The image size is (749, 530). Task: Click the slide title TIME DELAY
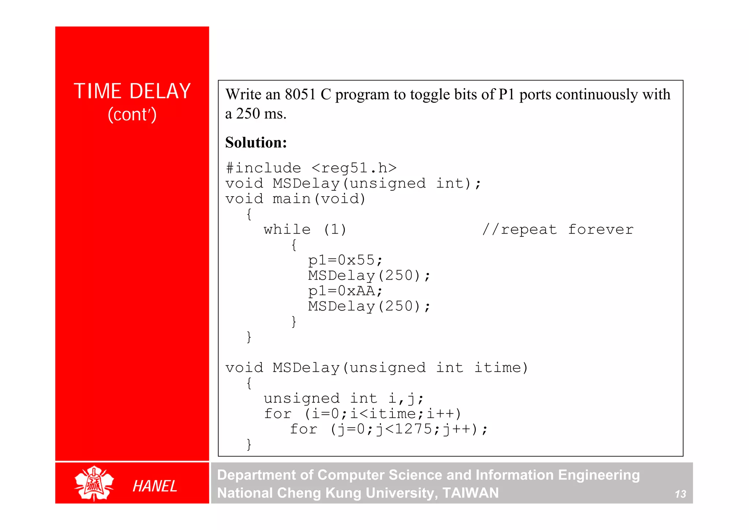coord(132,91)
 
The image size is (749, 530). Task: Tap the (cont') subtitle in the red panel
coord(132,115)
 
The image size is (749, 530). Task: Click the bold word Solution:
coord(256,142)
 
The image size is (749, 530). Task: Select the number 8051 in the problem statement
coord(300,94)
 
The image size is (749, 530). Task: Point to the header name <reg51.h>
coord(354,168)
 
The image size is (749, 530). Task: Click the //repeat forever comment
coord(558,229)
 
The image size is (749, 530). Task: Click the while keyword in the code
coord(287,229)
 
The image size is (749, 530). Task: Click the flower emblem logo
coord(94,483)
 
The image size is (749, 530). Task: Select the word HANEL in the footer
coord(155,486)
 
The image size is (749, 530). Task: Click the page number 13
coord(680,494)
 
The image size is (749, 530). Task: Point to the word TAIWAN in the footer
coord(470,493)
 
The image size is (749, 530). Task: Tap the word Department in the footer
coord(256,475)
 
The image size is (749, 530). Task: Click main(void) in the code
coord(319,199)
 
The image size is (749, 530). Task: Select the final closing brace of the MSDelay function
coord(249,444)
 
